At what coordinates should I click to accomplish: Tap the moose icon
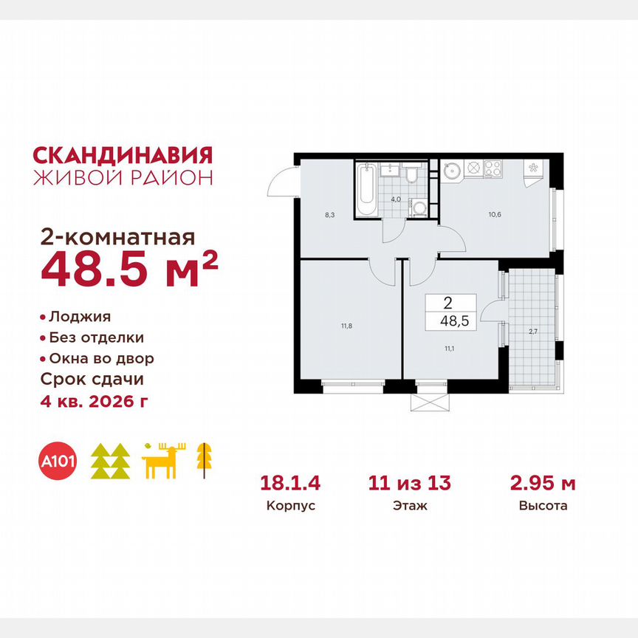tap(163, 462)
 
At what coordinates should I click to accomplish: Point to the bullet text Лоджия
tap(80, 317)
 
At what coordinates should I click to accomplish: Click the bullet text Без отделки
tap(96, 337)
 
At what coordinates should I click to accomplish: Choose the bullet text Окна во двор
tap(101, 359)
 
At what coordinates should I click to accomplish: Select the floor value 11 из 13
tap(410, 484)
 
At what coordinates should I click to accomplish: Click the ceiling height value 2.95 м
tap(543, 484)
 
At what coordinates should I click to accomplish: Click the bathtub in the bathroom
tap(366, 189)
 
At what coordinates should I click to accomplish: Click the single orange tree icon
tap(201, 459)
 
